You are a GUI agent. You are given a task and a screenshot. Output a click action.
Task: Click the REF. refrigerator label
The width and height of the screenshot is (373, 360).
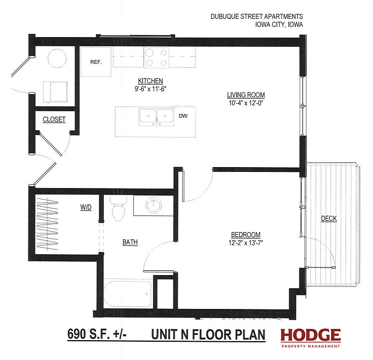(96, 62)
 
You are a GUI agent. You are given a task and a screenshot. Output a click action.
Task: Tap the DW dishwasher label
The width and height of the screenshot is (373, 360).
(183, 116)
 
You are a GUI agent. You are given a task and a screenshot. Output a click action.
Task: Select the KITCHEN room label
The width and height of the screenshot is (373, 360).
(150, 81)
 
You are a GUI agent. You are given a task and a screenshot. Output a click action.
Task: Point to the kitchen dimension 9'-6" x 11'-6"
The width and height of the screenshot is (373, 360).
(150, 89)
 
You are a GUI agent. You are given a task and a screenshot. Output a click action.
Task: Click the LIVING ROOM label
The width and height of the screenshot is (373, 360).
(246, 95)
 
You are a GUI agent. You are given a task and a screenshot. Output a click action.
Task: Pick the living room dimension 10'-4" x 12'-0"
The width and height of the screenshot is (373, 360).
(246, 103)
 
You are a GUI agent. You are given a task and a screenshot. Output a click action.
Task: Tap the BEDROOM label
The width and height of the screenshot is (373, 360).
(246, 235)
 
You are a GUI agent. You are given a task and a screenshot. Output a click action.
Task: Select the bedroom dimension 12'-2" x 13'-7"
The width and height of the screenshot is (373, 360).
(246, 243)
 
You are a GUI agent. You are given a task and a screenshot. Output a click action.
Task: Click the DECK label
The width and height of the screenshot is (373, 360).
(329, 218)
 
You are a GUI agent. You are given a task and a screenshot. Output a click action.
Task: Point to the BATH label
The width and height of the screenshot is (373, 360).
(130, 242)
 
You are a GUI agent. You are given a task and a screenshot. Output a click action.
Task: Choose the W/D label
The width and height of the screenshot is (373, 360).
(86, 207)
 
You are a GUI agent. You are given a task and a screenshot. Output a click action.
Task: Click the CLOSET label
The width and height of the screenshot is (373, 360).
(54, 119)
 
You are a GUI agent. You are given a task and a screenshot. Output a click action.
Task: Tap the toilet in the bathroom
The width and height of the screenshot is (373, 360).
(118, 208)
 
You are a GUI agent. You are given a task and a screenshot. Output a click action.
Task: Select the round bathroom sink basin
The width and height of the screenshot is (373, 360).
(154, 205)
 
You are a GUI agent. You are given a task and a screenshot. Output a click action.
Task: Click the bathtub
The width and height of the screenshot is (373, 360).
(128, 294)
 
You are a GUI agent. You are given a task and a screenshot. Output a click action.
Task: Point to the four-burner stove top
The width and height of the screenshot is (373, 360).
(156, 57)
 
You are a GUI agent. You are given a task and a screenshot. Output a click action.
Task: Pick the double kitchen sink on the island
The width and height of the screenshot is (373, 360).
(156, 117)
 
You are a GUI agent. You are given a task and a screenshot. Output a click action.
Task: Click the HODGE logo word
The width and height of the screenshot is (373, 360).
(311, 335)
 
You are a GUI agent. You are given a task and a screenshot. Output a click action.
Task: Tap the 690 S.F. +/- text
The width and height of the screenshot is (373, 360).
(97, 334)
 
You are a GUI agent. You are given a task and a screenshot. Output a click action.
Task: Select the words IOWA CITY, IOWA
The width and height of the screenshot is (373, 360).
(279, 25)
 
